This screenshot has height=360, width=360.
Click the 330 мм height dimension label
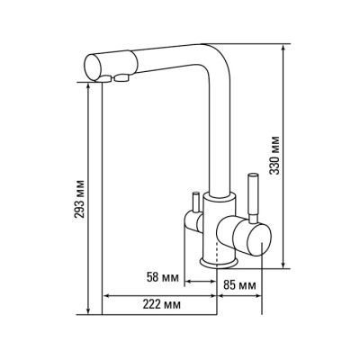click(x=274, y=156)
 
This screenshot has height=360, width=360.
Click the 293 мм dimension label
click(x=80, y=199)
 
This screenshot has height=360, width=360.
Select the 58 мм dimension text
click(x=162, y=277)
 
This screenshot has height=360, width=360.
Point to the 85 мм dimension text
click(x=240, y=285)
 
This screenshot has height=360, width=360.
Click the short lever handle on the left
click(x=195, y=202)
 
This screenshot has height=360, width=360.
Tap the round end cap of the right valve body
click(x=260, y=240)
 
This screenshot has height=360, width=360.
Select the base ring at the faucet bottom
click(x=219, y=262)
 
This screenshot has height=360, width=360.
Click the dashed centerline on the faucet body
click(x=217, y=250)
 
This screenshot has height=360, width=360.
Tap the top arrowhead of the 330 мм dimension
click(x=283, y=49)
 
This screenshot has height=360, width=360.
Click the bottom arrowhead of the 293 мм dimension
click(x=88, y=310)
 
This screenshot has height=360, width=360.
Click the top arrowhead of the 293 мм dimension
click(x=88, y=87)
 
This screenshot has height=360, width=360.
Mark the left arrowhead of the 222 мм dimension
click(x=107, y=296)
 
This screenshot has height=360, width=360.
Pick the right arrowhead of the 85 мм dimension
click(x=257, y=296)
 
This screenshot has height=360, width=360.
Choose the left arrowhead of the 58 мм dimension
click(x=189, y=281)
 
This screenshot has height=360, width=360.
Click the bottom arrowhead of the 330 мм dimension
click(x=283, y=264)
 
